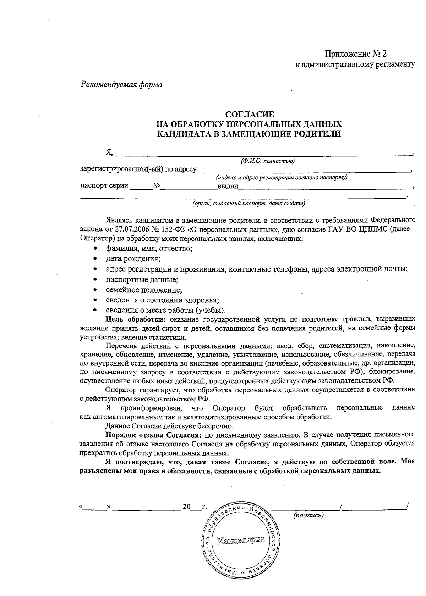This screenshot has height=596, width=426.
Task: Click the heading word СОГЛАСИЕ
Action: (250, 114)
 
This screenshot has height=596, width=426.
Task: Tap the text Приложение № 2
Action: (355, 54)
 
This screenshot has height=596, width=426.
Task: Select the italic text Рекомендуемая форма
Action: (122, 85)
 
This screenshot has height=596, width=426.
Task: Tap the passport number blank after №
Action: (188, 186)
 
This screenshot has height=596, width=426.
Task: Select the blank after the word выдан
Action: (325, 186)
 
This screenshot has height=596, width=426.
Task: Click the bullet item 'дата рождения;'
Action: (133, 258)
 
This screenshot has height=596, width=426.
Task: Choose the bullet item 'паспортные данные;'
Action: (142, 279)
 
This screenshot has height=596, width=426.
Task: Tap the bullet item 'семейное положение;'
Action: (144, 290)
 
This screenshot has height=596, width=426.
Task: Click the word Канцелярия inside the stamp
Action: (242, 540)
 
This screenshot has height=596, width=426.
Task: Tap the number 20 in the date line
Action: (187, 507)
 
